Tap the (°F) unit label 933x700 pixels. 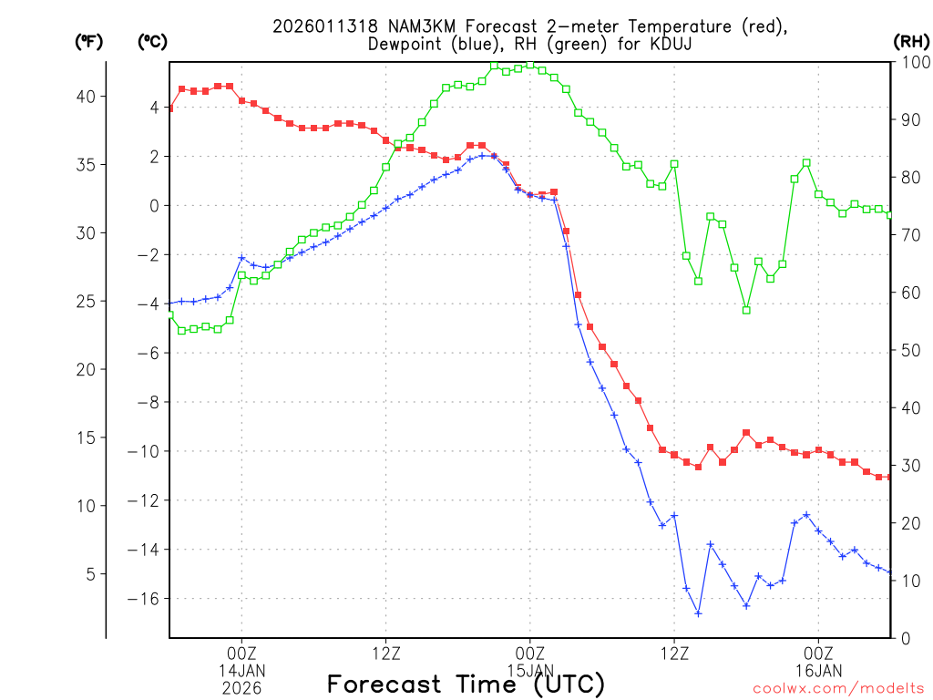click(x=88, y=41)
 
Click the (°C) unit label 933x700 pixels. click(x=152, y=41)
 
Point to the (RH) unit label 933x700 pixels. click(x=910, y=41)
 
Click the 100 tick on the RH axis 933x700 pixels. click(x=912, y=62)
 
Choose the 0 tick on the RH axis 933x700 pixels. click(x=905, y=638)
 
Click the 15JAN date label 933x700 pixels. click(x=529, y=670)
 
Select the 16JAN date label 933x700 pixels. click(x=818, y=670)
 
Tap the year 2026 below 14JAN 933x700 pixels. click(x=241, y=687)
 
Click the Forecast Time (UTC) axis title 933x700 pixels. click(x=466, y=685)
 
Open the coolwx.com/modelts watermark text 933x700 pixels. click(x=838, y=688)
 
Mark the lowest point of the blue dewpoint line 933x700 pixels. click(x=698, y=613)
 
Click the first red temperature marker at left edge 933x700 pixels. click(x=169, y=108)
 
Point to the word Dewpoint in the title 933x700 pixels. click(x=405, y=44)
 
